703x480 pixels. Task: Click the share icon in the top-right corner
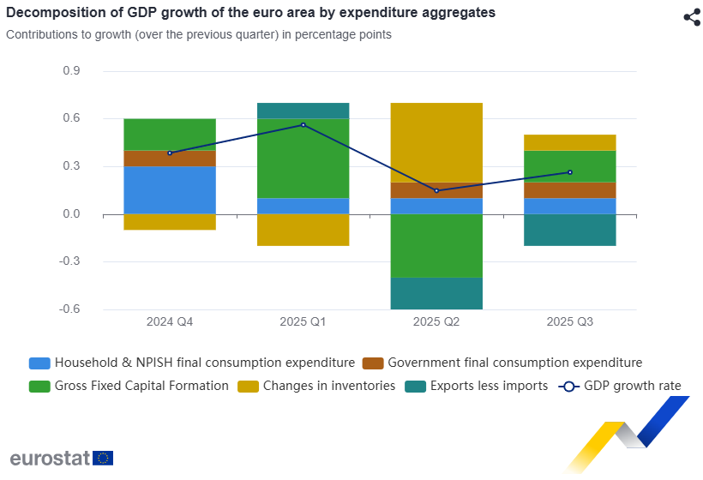[692, 17]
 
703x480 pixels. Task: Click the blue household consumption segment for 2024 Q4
[170, 189]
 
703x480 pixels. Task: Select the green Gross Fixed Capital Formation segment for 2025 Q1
[303, 159]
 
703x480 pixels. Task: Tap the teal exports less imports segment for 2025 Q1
[303, 111]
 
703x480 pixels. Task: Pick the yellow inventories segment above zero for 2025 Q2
[436, 142]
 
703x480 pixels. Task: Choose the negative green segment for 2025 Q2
[436, 245]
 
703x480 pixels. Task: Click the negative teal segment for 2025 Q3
[570, 230]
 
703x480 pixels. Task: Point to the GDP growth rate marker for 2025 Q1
[303, 125]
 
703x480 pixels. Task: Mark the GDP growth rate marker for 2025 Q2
[436, 190]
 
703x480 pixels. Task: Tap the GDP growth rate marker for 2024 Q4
[170, 153]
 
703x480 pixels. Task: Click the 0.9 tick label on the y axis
[71, 71]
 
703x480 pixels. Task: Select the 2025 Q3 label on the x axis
[570, 322]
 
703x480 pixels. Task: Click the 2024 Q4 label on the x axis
[170, 322]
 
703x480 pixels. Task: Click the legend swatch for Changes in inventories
[246, 387]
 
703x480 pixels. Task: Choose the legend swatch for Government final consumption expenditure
[371, 363]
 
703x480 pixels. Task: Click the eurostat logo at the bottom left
[61, 458]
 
